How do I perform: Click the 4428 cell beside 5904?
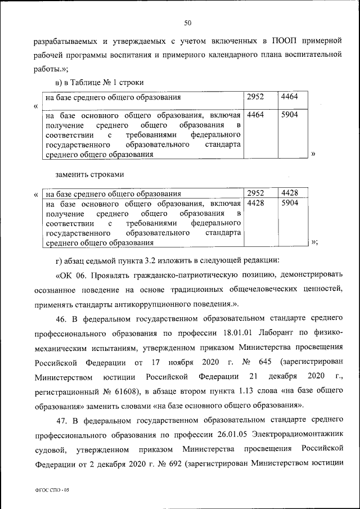click(x=256, y=202)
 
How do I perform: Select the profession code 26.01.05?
click(x=232, y=435)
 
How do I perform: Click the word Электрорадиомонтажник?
click(x=298, y=435)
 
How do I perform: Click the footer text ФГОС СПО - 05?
click(x=51, y=491)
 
